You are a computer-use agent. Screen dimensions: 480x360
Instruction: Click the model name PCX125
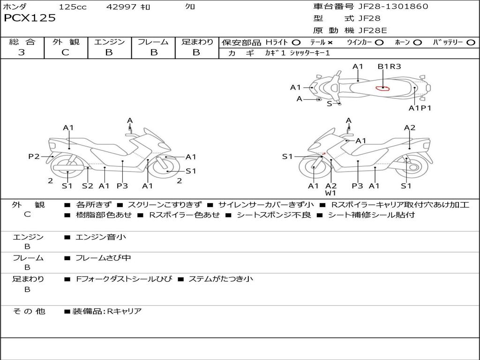(30, 18)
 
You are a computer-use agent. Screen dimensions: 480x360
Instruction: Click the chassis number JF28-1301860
(387, 7)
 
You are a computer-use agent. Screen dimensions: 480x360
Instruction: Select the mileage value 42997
(122, 7)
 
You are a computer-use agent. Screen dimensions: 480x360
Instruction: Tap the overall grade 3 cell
(22, 52)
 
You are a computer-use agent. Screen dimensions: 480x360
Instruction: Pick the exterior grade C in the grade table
(65, 52)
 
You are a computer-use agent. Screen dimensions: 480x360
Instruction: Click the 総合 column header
(22, 42)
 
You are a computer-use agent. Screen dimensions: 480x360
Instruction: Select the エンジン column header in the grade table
(109, 42)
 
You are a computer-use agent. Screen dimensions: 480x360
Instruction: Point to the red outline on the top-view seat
(383, 88)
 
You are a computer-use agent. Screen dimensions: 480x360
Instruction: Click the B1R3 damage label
(389, 67)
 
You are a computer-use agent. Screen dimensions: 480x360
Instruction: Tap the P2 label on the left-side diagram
(34, 157)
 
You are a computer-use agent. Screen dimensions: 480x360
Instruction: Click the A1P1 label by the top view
(420, 108)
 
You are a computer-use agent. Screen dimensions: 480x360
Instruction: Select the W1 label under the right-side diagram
(331, 193)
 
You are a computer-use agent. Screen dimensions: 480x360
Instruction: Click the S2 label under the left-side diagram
(88, 186)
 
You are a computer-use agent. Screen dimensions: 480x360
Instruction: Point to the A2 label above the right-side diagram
(410, 128)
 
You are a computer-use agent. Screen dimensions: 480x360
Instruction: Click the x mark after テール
(330, 42)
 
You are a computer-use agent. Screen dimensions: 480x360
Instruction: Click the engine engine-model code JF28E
(373, 30)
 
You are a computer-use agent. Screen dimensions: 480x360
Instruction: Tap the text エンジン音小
(101, 237)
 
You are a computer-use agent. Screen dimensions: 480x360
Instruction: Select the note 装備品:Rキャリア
(106, 311)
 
